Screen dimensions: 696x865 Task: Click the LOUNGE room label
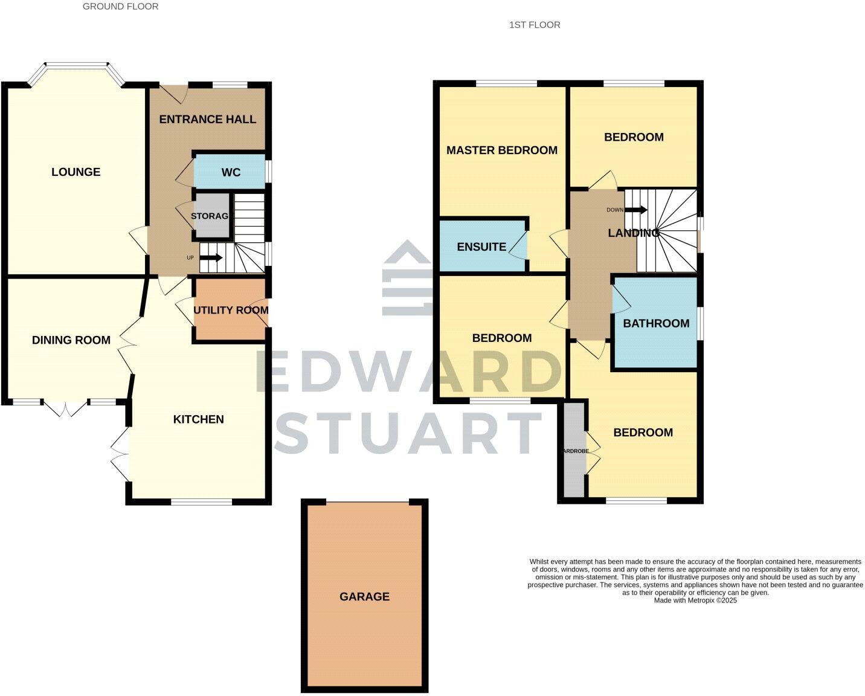76,172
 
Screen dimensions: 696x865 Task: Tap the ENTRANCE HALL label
207,119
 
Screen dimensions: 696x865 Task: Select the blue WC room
230,172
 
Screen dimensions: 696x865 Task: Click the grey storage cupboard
211,216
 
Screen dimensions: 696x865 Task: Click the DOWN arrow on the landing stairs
635,210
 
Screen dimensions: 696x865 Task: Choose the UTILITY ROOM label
231,310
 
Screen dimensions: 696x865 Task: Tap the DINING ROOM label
71,340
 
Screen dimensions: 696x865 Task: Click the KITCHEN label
198,419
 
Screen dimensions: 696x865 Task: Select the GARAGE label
364,596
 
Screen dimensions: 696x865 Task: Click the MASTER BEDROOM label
501,150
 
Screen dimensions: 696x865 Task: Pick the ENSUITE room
481,246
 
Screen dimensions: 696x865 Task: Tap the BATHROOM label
656,323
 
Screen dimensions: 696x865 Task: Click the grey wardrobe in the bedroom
574,450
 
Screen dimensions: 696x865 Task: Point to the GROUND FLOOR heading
120,7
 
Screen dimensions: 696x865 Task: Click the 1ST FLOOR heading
535,25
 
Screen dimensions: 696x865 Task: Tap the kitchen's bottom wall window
201,501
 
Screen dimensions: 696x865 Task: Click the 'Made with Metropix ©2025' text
695,601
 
